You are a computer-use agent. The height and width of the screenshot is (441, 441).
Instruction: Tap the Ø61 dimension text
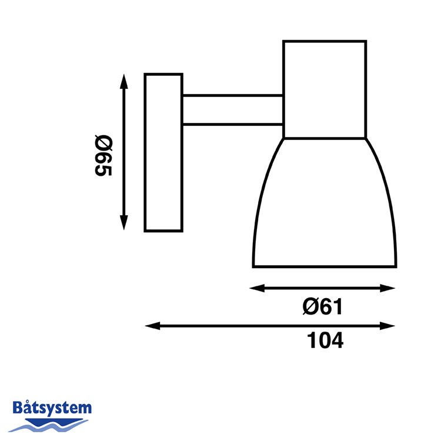pos(322,306)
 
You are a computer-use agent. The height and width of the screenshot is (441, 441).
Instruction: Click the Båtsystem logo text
pos(52,407)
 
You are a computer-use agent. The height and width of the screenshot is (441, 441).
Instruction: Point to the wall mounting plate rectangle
pos(163,152)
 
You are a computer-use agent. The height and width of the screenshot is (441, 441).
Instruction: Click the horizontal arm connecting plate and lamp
pos(232,109)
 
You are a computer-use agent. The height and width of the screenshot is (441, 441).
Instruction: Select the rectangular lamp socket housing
pos(325,89)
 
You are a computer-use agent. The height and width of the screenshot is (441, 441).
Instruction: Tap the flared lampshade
pos(325,206)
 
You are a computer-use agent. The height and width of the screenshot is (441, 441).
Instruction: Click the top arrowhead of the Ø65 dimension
pos(123,79)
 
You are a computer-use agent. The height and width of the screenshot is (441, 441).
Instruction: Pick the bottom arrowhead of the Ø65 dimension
pos(123,224)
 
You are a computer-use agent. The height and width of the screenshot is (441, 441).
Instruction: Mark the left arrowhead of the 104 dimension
pos(151,326)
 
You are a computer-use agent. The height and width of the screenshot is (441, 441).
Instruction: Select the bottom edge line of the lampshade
pos(325,267)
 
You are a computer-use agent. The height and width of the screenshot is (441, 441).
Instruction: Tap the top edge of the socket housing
pos(325,41)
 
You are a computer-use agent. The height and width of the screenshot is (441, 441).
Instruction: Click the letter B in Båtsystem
pos(18,407)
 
